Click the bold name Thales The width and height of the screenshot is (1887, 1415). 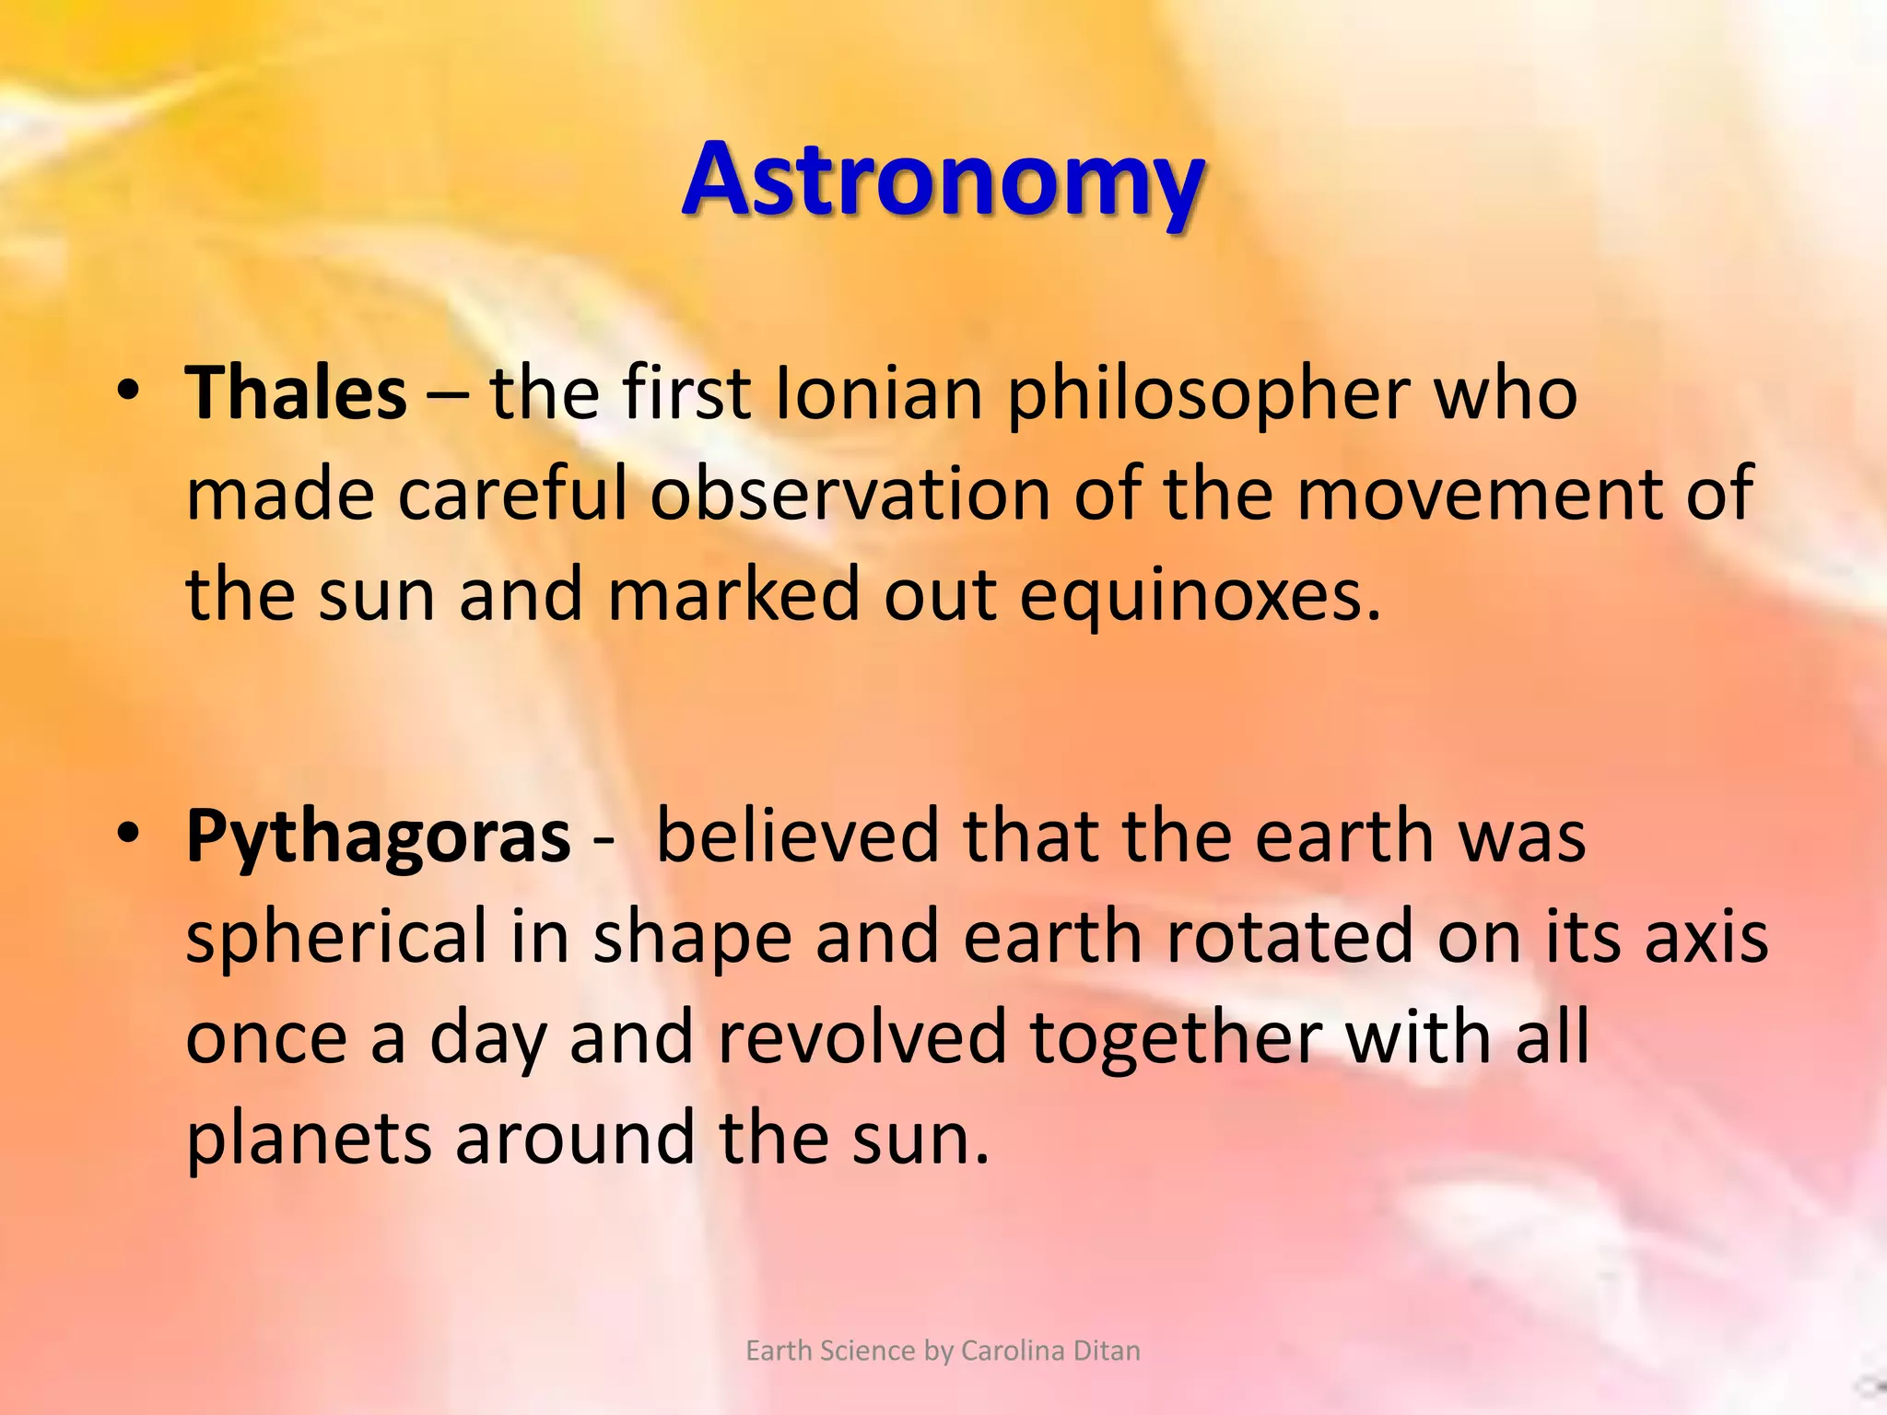[296, 393]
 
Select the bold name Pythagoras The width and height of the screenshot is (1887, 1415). [378, 836]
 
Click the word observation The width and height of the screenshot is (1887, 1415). [850, 494]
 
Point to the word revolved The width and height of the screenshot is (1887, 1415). [861, 1036]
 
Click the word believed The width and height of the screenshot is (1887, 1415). [797, 836]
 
